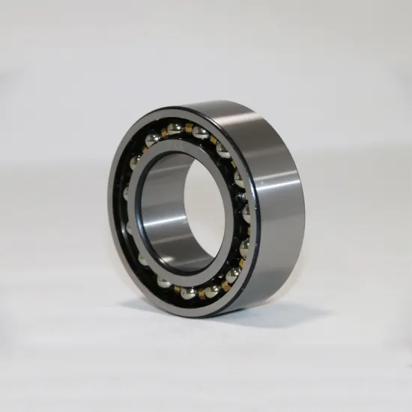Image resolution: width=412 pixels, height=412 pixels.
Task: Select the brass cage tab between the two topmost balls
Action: (190, 129)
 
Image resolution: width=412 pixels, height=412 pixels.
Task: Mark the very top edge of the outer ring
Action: (217, 102)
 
